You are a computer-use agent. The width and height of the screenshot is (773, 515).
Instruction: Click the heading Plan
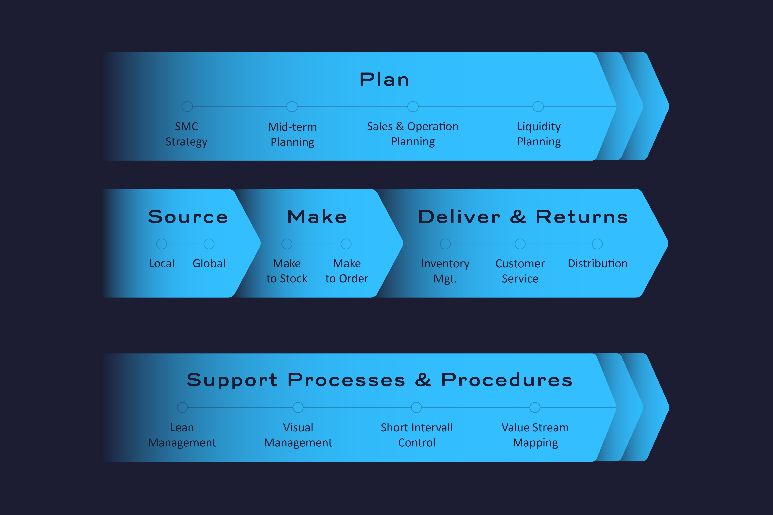point(384,80)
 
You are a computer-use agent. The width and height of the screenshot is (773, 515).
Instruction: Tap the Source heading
point(188,217)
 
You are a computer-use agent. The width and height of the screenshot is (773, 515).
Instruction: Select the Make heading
point(317,217)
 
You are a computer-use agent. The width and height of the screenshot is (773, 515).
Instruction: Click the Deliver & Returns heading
point(523,217)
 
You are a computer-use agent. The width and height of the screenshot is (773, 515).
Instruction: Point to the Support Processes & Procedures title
point(380,380)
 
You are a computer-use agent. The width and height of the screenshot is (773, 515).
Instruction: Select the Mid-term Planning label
point(292,134)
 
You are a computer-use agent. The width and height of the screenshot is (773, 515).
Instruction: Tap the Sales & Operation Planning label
point(413,134)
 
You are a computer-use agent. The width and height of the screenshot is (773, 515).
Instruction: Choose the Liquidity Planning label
point(539,134)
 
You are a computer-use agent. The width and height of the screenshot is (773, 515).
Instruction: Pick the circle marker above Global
point(209,244)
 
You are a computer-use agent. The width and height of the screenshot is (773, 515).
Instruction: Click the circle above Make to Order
point(346,244)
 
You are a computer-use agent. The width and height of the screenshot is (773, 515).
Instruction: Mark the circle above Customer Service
point(520,244)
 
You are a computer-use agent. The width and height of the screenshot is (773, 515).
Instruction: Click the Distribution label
point(598,263)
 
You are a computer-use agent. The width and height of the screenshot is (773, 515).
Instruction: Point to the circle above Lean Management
point(182,408)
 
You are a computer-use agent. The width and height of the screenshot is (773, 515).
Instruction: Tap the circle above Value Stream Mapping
point(535,408)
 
